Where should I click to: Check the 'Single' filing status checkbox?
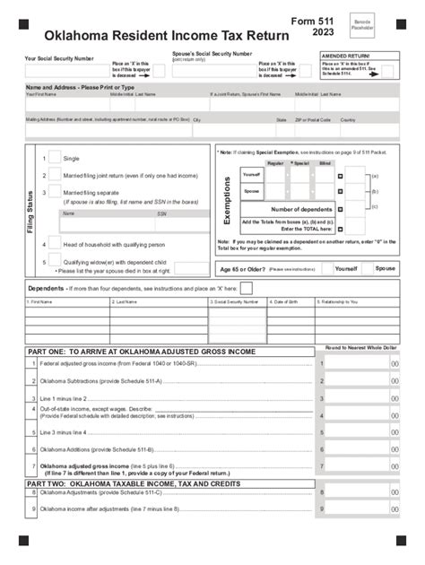pos(54,157)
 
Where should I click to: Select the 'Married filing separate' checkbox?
pos(54,191)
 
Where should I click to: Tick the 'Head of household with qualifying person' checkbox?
pos(54,242)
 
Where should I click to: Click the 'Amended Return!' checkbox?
pos(386,72)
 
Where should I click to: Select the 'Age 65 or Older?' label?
pos(240,268)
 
